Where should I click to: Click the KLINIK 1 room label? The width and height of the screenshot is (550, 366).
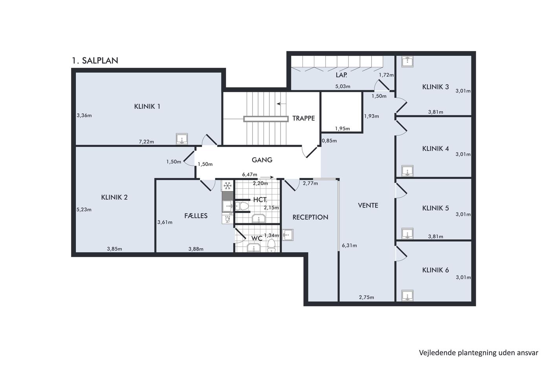[x=147, y=106]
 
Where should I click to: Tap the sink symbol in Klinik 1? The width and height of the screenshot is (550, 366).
[x=182, y=139]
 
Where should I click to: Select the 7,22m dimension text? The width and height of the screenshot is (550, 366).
[x=146, y=142]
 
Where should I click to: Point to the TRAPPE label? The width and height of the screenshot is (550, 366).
[x=303, y=118]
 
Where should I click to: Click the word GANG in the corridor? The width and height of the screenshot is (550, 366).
[x=262, y=160]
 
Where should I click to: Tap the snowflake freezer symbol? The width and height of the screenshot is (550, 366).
[x=227, y=186]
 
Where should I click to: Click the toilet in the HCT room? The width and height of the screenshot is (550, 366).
[x=242, y=206]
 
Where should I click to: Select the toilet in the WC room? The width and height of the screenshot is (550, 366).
[x=271, y=246]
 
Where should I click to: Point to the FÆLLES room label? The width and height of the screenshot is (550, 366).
[x=196, y=216]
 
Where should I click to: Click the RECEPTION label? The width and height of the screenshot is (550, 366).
[x=310, y=217]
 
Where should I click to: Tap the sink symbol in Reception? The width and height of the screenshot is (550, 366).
[x=288, y=235]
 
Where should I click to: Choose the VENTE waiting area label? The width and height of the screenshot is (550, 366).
[x=368, y=206]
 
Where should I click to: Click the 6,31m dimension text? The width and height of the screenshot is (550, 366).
[x=349, y=246]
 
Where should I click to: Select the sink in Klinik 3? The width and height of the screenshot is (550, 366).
[x=407, y=62]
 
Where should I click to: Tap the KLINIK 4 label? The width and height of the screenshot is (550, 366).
[x=435, y=149]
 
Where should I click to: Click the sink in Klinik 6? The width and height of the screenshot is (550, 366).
[x=407, y=295]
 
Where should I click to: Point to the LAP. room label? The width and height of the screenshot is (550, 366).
[x=341, y=75]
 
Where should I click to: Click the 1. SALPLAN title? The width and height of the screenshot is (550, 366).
[x=95, y=60]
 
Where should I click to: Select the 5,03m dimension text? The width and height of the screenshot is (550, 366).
[x=343, y=86]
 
